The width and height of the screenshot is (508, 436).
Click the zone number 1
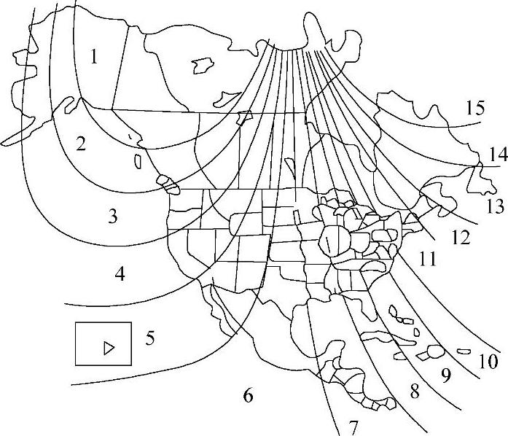[x=94, y=56]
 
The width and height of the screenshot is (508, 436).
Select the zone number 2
[x=81, y=143]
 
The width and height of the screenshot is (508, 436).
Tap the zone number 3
[x=112, y=216]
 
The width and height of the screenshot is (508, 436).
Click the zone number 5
[x=150, y=338]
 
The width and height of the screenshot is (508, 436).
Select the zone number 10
[x=488, y=360]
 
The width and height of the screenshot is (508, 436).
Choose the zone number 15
[x=474, y=109]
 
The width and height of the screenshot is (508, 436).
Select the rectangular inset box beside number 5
[x=103, y=343]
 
